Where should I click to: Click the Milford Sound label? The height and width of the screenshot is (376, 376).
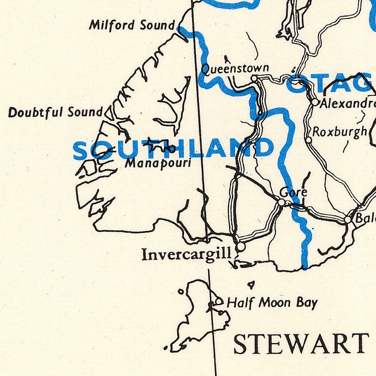tap(132, 25)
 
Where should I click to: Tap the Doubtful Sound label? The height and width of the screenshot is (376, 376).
tap(56, 112)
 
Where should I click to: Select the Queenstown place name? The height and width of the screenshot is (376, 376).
tap(235, 68)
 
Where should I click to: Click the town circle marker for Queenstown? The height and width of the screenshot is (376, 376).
tap(254, 78)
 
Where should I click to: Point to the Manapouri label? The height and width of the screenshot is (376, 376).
tap(158, 163)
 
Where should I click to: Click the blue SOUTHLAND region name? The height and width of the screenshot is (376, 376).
tap(173, 149)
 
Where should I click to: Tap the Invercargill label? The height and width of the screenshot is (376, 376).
tap(186, 254)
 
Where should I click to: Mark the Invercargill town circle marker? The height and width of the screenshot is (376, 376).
tap(241, 246)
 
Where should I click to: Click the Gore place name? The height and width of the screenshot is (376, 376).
tap(294, 192)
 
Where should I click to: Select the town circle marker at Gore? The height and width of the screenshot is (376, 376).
tap(282, 202)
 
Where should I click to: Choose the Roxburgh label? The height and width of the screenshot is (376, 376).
tap(340, 132)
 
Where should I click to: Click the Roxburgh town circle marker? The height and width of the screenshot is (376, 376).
tap(309, 140)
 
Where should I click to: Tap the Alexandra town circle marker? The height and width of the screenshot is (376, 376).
tap(315, 102)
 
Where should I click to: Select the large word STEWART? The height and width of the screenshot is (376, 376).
tap(301, 344)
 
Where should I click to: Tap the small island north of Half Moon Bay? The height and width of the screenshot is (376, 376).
tap(251, 285)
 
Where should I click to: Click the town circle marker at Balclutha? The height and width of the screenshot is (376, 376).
tap(348, 219)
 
